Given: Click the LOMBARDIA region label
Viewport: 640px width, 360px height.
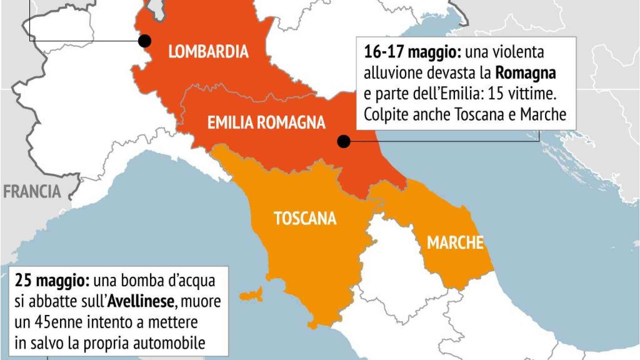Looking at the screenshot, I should pyautogui.click(x=208, y=52).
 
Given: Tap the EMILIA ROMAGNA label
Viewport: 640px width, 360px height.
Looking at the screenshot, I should pyautogui.click(x=266, y=122).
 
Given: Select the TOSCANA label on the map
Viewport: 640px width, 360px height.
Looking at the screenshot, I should pyautogui.click(x=305, y=218).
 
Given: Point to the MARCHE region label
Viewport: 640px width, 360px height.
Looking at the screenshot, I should pyautogui.click(x=455, y=242).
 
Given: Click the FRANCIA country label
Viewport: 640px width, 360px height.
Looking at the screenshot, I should pyautogui.click(x=32, y=192).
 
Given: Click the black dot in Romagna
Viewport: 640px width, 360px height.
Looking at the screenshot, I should pyautogui.click(x=343, y=142).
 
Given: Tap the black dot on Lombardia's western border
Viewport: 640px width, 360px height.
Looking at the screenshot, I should pyautogui.click(x=145, y=41).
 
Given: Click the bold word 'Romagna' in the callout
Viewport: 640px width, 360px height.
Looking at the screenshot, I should pyautogui.click(x=525, y=73).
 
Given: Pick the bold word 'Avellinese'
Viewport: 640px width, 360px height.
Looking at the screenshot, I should pyautogui.click(x=140, y=301).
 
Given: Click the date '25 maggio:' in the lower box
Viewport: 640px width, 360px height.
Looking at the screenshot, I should pyautogui.click(x=52, y=280).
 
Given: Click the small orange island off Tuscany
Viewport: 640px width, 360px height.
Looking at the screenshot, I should pyautogui.click(x=252, y=295).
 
